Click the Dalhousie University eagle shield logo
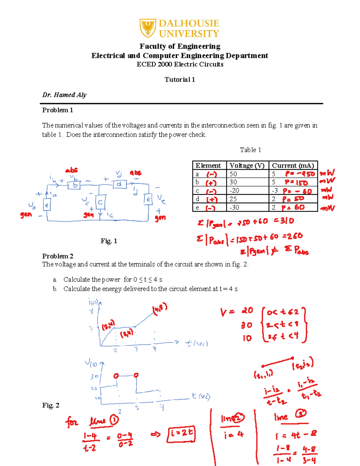pos(148,28)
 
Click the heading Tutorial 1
pos(180,80)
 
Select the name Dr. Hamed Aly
pos(64,95)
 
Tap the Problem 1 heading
pos(57,110)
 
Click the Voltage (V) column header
pos(247,165)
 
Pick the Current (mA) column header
pos(293,165)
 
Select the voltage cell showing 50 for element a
pos(233,174)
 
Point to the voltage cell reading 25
pos(233,199)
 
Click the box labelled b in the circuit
pos(75,185)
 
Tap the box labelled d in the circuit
pos(119,184)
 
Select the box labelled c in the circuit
pos(100,202)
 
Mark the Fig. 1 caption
pos(109,241)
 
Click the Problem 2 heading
pos(58,256)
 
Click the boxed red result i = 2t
pos(181,434)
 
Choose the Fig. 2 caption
pos(51,405)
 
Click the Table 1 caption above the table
pos(250,150)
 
